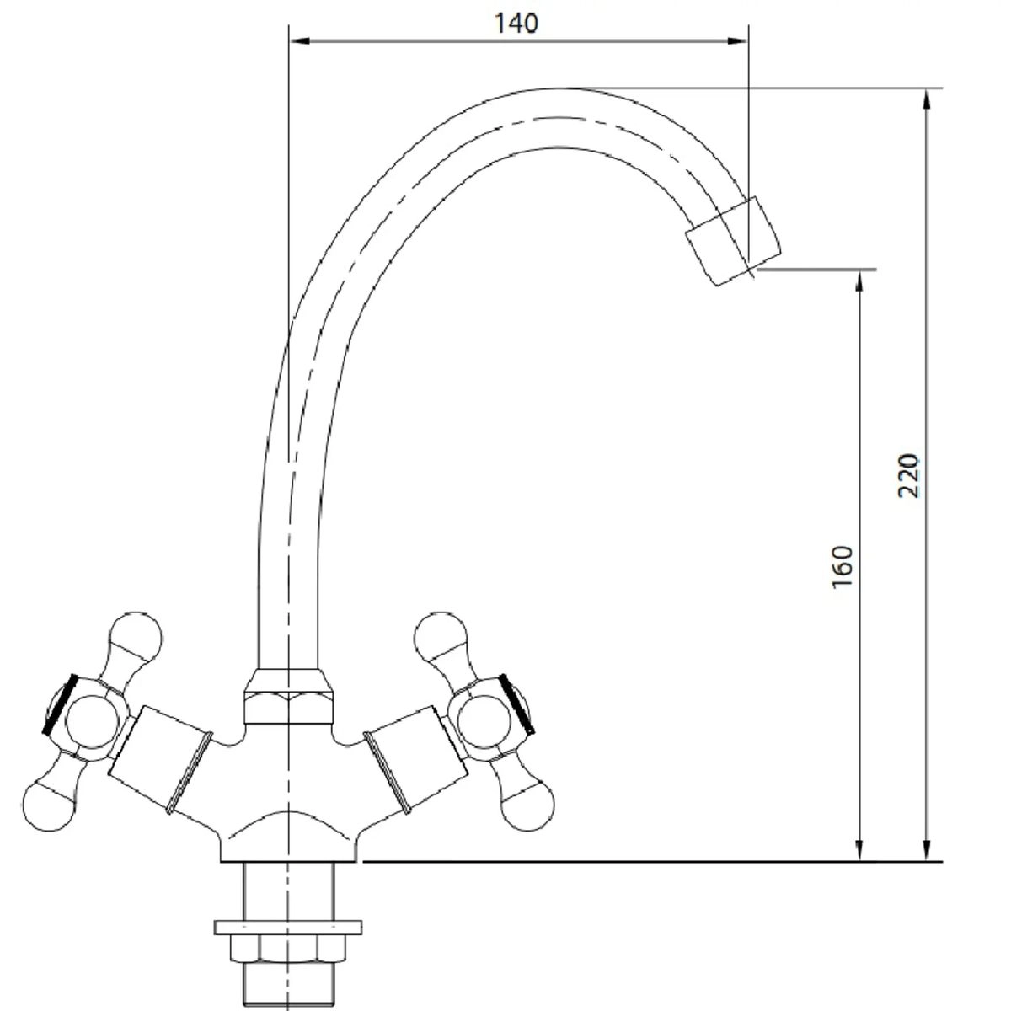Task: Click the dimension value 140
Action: tap(516, 24)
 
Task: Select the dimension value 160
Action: tap(842, 567)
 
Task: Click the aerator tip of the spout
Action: tap(734, 241)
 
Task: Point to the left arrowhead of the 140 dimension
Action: tap(300, 40)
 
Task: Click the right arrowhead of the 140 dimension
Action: tap(736, 40)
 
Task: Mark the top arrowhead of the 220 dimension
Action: tap(927, 99)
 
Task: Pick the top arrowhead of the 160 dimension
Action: tap(859, 281)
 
